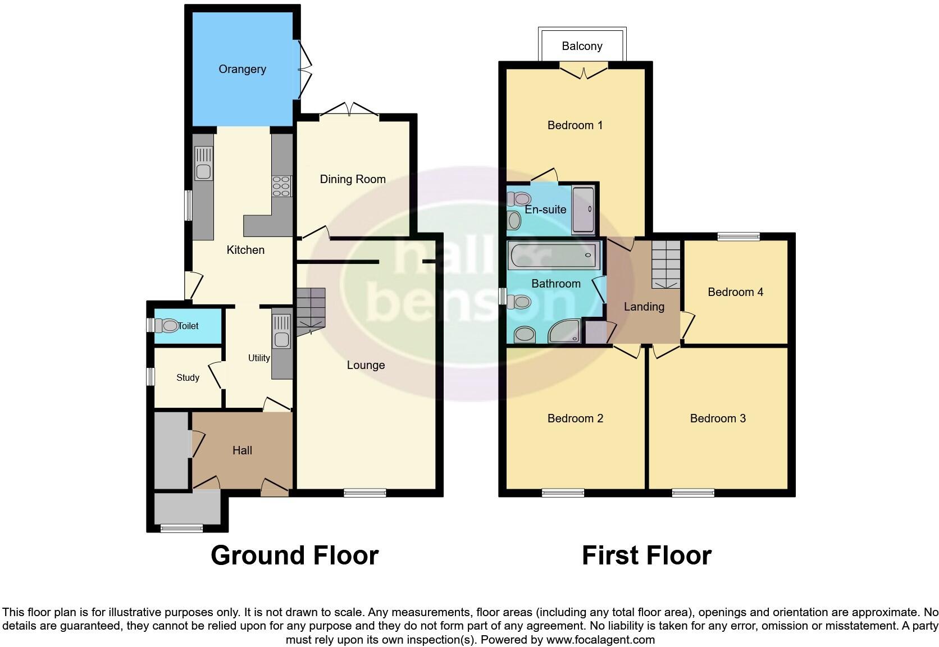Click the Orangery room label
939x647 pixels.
(x=242, y=69)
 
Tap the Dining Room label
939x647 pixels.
(x=353, y=179)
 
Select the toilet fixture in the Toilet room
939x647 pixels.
(x=168, y=326)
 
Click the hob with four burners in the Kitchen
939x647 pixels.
(x=281, y=186)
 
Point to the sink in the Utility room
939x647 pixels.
(x=281, y=331)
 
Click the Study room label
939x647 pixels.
(x=188, y=377)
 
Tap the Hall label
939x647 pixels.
(x=242, y=450)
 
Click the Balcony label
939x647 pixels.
(x=582, y=46)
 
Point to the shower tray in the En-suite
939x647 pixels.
(x=582, y=210)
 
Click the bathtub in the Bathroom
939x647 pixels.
(x=553, y=256)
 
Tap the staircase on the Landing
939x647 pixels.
(x=666, y=264)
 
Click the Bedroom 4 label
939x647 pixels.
(x=735, y=292)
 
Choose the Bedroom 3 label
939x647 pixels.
(x=718, y=418)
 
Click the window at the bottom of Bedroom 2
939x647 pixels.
(x=563, y=493)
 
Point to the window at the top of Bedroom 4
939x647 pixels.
(x=738, y=236)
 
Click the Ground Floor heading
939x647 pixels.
(x=294, y=555)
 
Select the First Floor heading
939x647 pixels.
(x=646, y=555)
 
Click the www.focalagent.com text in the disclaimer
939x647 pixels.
(x=600, y=639)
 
